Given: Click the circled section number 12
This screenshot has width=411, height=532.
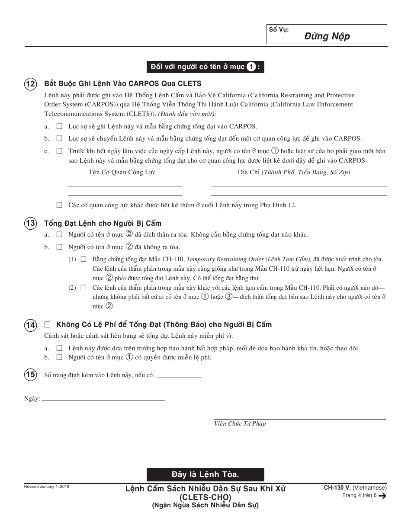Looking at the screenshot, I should [x=30, y=84].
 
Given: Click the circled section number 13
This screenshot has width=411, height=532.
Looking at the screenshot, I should [x=30, y=224].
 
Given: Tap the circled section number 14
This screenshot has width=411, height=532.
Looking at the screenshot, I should [x=30, y=325].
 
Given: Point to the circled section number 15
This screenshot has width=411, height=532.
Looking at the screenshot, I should [x=30, y=375].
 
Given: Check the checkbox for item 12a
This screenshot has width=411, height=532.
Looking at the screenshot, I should [x=59, y=126].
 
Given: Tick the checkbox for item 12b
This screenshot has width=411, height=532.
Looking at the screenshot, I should [x=59, y=138].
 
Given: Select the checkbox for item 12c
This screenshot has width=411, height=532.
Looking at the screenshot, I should [x=59, y=151].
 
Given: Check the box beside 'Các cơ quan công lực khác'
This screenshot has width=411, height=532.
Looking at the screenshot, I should [x=59, y=205].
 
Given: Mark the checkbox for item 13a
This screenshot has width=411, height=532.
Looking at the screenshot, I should [x=59, y=234].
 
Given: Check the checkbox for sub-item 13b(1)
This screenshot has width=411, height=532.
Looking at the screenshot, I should [x=83, y=259].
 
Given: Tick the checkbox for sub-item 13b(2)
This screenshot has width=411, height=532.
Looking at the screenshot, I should [x=83, y=287].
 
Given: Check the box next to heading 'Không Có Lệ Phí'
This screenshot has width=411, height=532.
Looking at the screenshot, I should [x=48, y=324].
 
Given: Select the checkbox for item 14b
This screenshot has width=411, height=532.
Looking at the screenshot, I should [x=59, y=357].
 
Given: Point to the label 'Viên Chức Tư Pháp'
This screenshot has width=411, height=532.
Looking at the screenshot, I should [x=240, y=424].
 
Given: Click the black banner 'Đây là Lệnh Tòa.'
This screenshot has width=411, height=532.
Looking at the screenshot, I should [x=205, y=474].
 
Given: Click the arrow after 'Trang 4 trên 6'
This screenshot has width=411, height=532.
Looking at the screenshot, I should [x=382, y=496].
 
